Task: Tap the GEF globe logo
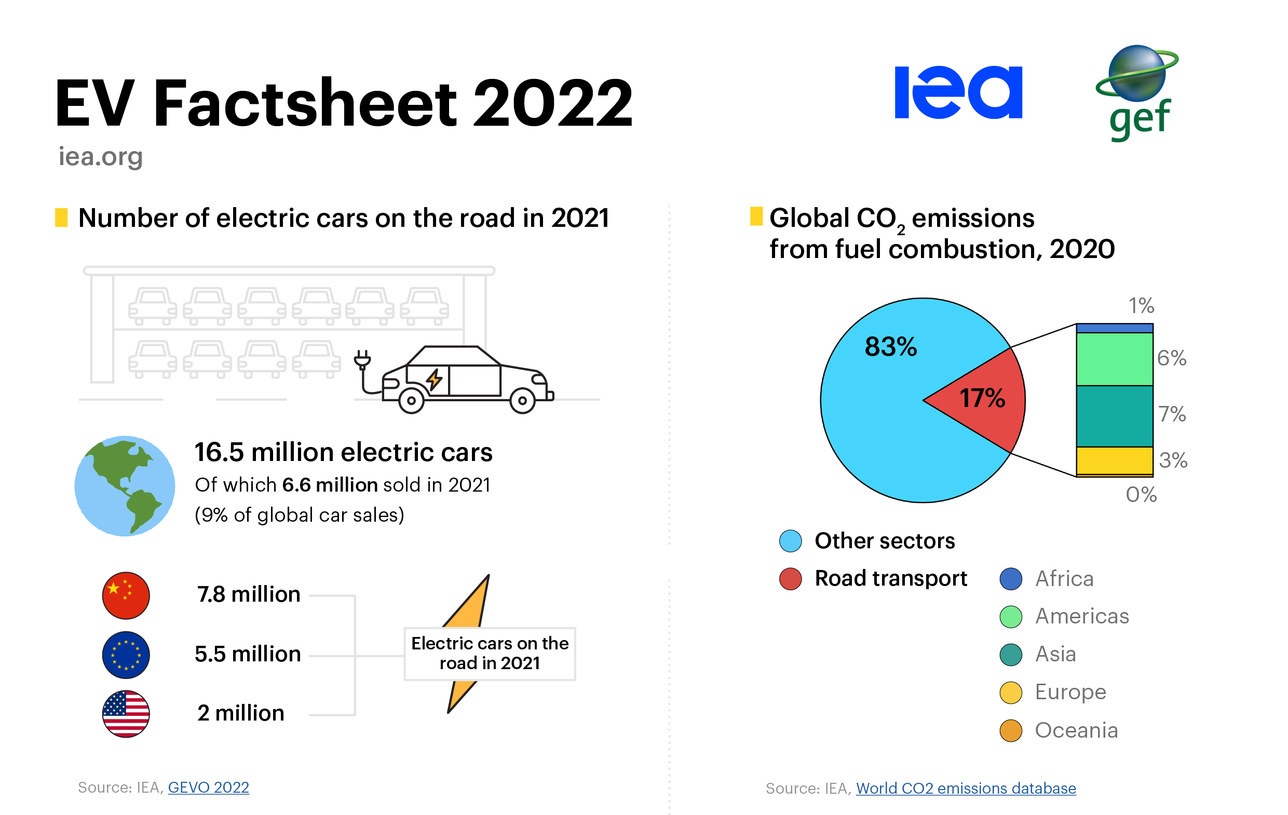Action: coord(1136,91)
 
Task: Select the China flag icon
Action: coord(126,595)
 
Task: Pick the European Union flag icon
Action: coord(126,655)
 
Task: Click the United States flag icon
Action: coord(126,713)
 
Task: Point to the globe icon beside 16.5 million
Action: coord(125,485)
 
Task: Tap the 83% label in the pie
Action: coord(890,347)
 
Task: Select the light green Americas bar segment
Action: coord(1114,358)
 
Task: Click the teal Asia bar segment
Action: coord(1114,416)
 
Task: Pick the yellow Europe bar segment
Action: coord(1114,460)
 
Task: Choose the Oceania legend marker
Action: coord(1010,730)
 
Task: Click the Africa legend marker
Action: coord(1010,579)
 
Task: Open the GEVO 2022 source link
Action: coord(208,787)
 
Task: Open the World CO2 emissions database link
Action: coord(966,788)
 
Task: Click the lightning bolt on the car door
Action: coord(434,379)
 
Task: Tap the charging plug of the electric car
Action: coord(362,360)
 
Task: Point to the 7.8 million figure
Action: coord(249,594)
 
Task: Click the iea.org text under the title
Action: coord(101,156)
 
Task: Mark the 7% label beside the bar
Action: coord(1172,414)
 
